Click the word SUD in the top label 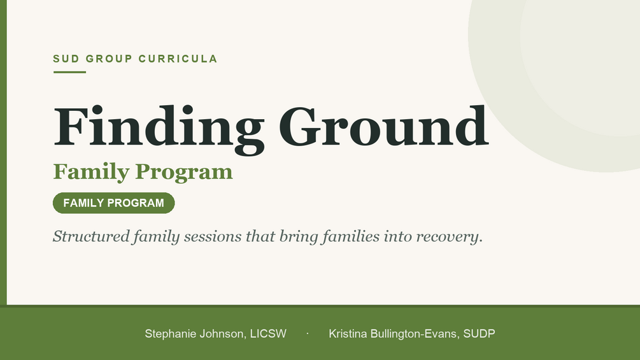click(x=66, y=59)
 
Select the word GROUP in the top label click(x=109, y=59)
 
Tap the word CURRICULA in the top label click(x=178, y=59)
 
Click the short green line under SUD click(x=70, y=72)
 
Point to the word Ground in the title click(x=383, y=126)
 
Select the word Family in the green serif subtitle click(x=91, y=172)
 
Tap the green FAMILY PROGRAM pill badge click(x=114, y=203)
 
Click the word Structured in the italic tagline click(x=92, y=236)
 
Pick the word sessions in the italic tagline click(x=213, y=236)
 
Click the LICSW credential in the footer click(x=268, y=334)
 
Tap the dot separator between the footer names click(x=308, y=333)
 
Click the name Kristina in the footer click(x=348, y=334)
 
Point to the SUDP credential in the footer click(x=479, y=334)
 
